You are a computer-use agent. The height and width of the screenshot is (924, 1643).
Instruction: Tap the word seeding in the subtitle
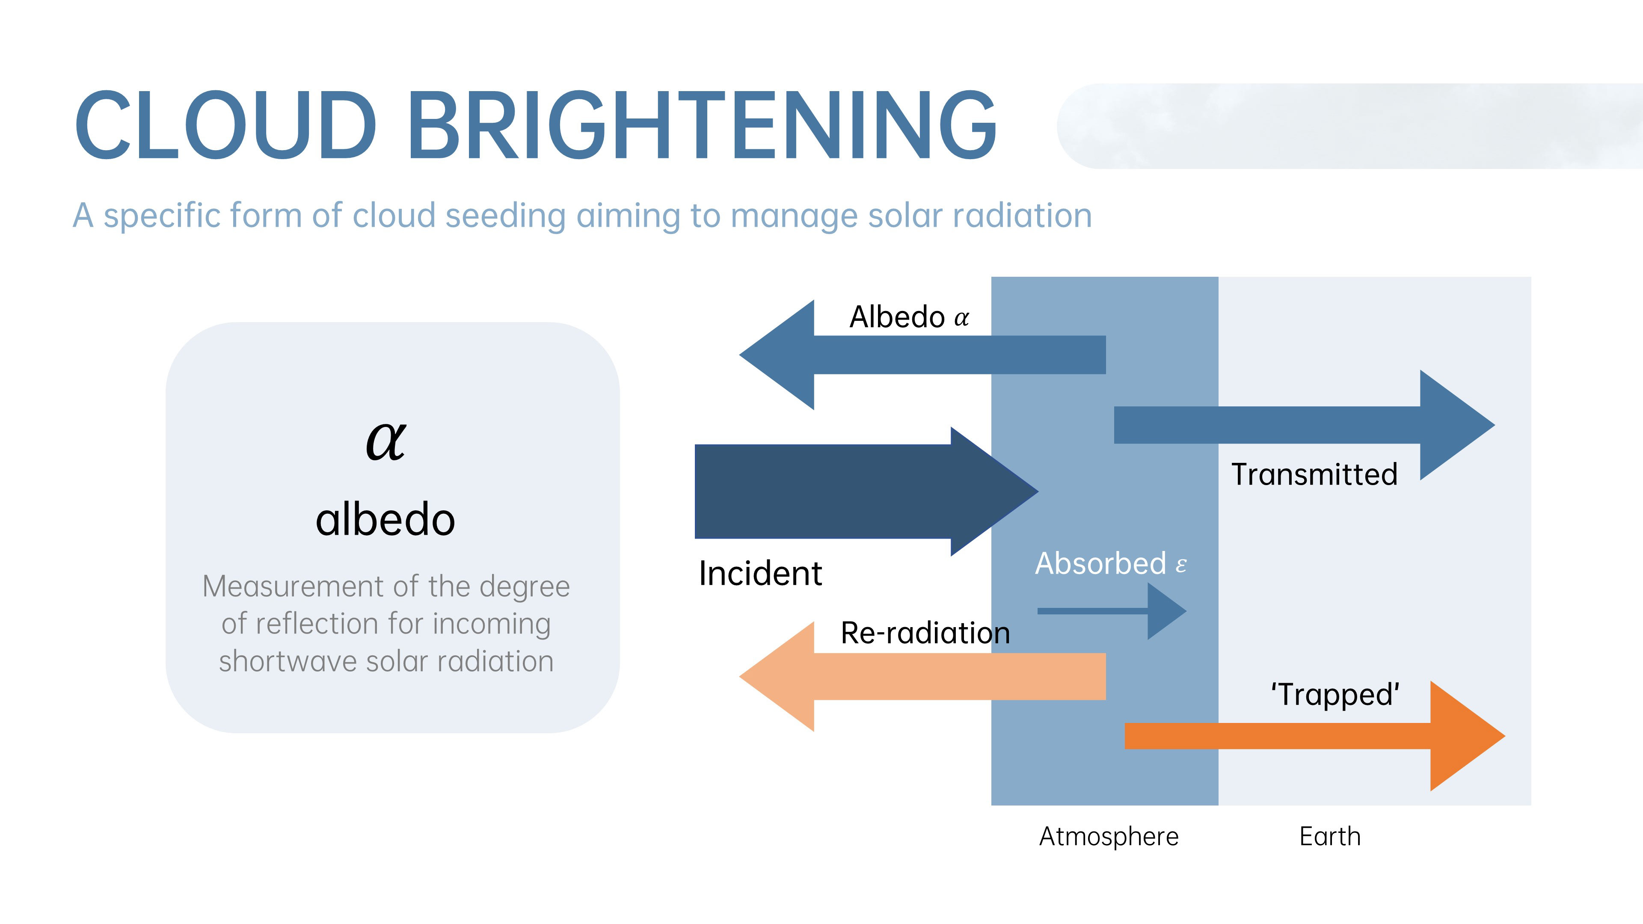[505, 216]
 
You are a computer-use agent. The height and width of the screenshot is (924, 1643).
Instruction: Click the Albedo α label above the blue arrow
[909, 317]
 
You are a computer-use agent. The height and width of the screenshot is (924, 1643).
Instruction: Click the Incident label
[760, 573]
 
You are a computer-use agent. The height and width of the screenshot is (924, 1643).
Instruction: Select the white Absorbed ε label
[1110, 564]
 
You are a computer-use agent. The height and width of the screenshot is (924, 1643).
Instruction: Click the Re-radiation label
[925, 633]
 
